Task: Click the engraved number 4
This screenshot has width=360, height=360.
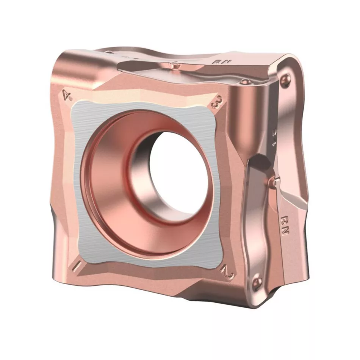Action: click(67, 95)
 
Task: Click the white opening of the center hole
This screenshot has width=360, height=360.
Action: click(178, 171)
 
